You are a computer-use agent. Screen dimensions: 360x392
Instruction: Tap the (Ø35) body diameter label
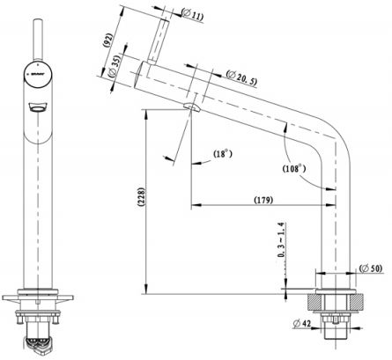[x=115, y=70]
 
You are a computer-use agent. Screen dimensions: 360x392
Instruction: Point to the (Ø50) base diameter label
[x=370, y=268]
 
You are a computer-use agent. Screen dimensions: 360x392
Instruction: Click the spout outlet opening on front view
[x=37, y=108]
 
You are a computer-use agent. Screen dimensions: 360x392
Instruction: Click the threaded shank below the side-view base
[x=336, y=330]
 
